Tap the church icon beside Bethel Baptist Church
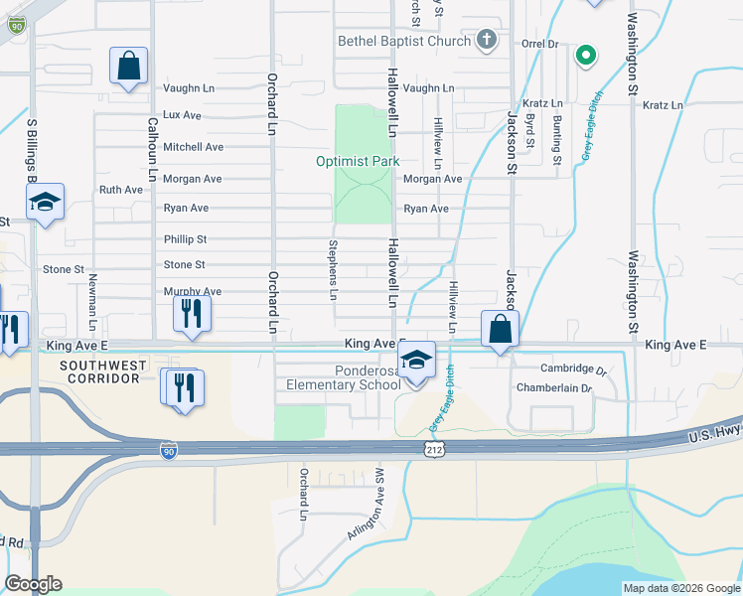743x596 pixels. (486, 40)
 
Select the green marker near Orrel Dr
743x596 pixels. (586, 55)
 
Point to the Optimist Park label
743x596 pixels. (358, 161)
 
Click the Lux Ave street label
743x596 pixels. (182, 115)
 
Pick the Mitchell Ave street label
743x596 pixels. (193, 147)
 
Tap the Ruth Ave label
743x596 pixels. (120, 189)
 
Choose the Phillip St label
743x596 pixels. (185, 239)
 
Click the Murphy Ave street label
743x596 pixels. (192, 292)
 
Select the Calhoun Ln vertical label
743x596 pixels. (153, 149)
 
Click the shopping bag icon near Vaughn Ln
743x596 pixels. (129, 67)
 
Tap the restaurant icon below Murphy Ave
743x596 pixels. (192, 314)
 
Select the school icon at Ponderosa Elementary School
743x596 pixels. (417, 361)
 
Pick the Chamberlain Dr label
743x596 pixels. (552, 388)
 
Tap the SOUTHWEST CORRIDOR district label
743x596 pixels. (102, 372)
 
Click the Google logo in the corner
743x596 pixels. (34, 584)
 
